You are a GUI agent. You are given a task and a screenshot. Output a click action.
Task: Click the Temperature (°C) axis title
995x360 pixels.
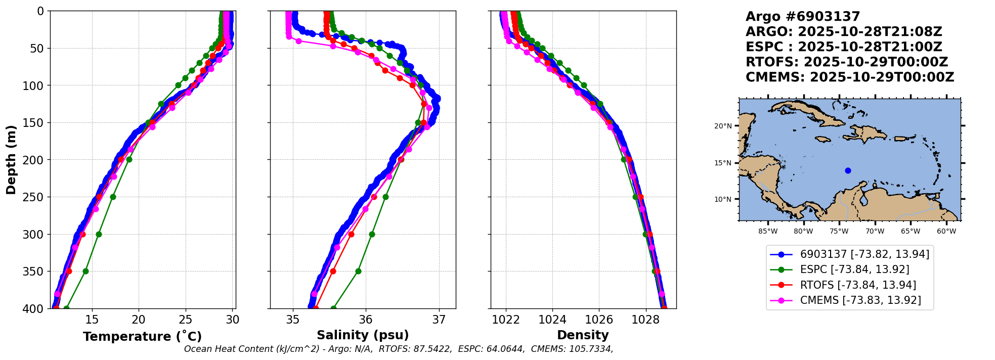[x=142, y=337]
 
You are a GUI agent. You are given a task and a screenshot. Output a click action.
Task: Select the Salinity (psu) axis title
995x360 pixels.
[x=363, y=335]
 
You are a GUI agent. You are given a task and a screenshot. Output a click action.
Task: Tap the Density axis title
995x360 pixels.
[x=583, y=335]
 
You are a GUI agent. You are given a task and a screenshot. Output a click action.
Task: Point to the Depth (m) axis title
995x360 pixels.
[x=11, y=160]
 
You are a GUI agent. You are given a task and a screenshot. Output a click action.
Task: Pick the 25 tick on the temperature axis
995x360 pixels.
[x=186, y=320]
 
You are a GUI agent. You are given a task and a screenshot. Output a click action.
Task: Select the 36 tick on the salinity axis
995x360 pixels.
[x=366, y=320]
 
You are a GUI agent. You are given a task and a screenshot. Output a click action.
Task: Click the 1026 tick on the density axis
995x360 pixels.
[x=599, y=320]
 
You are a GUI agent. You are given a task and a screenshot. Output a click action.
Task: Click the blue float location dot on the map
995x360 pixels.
[x=848, y=170]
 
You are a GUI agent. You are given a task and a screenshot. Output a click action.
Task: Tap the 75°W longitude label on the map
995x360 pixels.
[x=839, y=232]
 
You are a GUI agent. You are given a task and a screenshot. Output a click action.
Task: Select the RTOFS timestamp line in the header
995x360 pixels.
[x=846, y=62]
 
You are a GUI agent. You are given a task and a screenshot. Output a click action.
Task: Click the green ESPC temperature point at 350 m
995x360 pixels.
[x=85, y=272]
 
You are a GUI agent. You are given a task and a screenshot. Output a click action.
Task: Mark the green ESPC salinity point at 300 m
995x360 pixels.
[x=372, y=234]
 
